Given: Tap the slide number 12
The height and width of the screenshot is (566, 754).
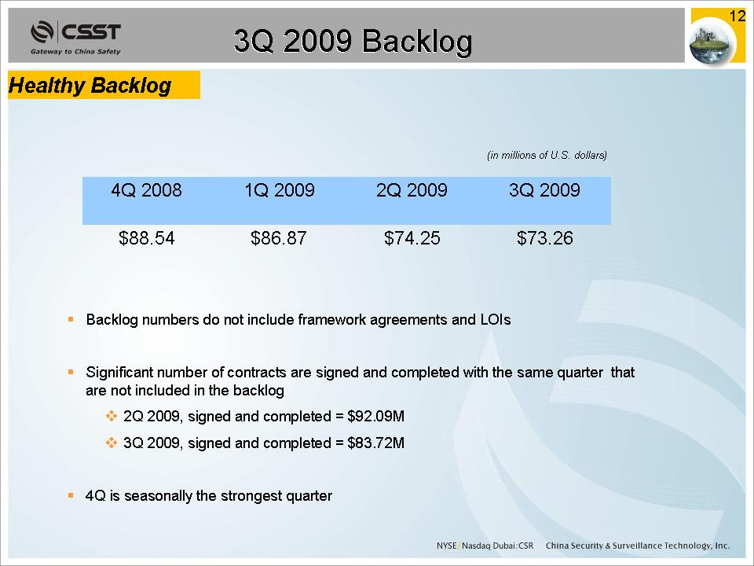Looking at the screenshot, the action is (x=738, y=17).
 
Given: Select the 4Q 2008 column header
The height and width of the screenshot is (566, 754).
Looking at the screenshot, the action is (x=146, y=190).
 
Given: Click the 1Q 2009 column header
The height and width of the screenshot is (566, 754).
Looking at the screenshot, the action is (x=280, y=190).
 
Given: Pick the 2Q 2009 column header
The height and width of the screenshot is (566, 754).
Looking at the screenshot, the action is (x=412, y=190).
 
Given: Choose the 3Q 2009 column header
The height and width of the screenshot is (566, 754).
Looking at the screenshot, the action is (x=544, y=190).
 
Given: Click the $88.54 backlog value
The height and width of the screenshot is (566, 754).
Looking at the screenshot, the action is (x=146, y=237).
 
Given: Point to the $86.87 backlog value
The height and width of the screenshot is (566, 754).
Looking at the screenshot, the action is (x=278, y=237).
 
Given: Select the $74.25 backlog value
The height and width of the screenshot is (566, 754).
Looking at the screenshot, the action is (x=412, y=237).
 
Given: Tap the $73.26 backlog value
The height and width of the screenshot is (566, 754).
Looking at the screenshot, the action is (x=545, y=237).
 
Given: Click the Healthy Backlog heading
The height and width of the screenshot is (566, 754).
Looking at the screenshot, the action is (x=90, y=86).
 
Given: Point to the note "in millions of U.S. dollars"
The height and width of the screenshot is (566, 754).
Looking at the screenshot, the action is (x=547, y=155).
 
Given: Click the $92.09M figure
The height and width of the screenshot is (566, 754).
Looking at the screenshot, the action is (x=375, y=416).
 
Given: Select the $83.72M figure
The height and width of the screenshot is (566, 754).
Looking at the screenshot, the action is (x=375, y=443).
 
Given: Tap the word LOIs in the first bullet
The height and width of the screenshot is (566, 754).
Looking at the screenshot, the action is (x=496, y=320).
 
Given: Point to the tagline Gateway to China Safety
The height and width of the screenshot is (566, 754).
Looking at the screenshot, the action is (x=75, y=52).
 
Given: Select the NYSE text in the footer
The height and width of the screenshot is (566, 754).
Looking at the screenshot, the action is (x=446, y=546).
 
